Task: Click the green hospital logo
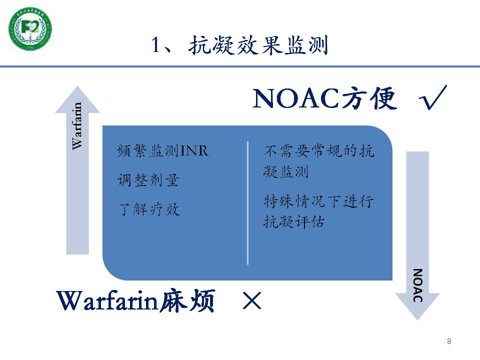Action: (30, 29)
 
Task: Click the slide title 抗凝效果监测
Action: (258, 45)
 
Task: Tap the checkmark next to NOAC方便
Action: (433, 97)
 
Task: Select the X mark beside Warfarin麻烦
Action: (251, 300)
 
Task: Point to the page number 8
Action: (449, 341)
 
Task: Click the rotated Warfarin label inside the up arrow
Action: (77, 126)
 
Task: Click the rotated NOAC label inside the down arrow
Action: (417, 285)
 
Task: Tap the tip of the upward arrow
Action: (77, 86)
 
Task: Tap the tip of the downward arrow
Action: (417, 320)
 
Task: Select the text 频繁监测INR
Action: (163, 150)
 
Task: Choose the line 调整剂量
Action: (148, 180)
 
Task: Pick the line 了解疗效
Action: (149, 209)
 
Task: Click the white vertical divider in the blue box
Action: (247, 202)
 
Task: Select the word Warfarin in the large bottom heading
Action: (107, 300)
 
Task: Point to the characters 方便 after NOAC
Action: (369, 98)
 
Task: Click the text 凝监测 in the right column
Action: (286, 171)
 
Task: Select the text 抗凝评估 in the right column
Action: (294, 221)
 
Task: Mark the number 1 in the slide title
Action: (156, 45)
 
